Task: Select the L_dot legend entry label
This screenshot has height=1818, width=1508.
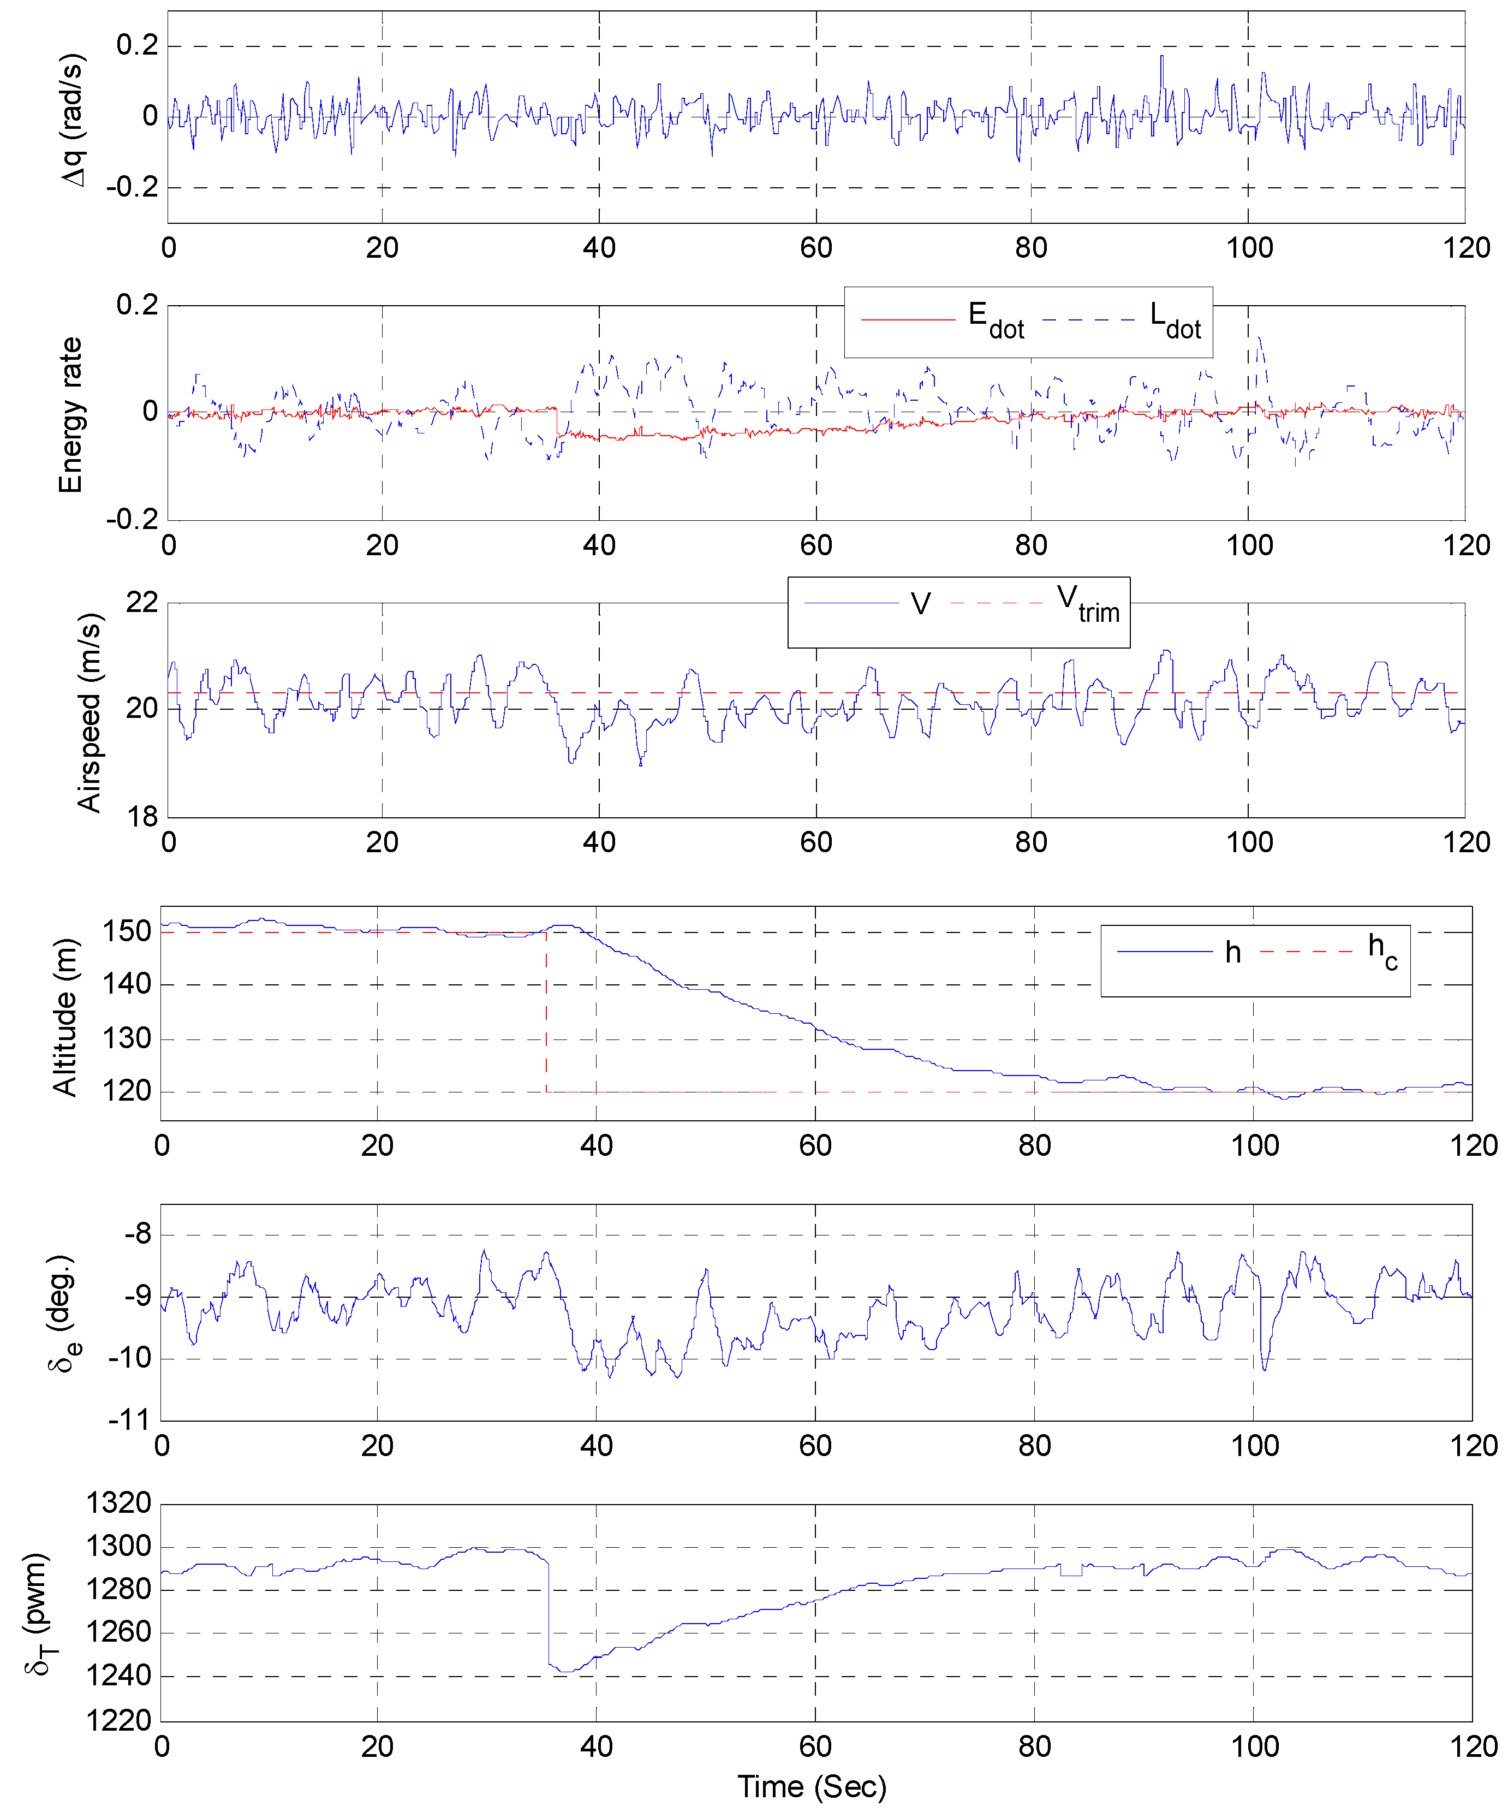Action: pos(1175,320)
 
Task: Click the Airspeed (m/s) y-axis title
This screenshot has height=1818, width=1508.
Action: pos(89,712)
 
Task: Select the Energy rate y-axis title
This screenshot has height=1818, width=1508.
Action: pos(70,415)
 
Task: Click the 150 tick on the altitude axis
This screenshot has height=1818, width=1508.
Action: pos(127,931)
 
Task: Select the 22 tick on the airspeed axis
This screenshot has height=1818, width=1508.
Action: pos(141,602)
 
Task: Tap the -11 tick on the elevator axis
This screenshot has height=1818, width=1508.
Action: pos(129,1420)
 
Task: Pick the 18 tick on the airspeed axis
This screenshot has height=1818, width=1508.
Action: pos(141,816)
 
